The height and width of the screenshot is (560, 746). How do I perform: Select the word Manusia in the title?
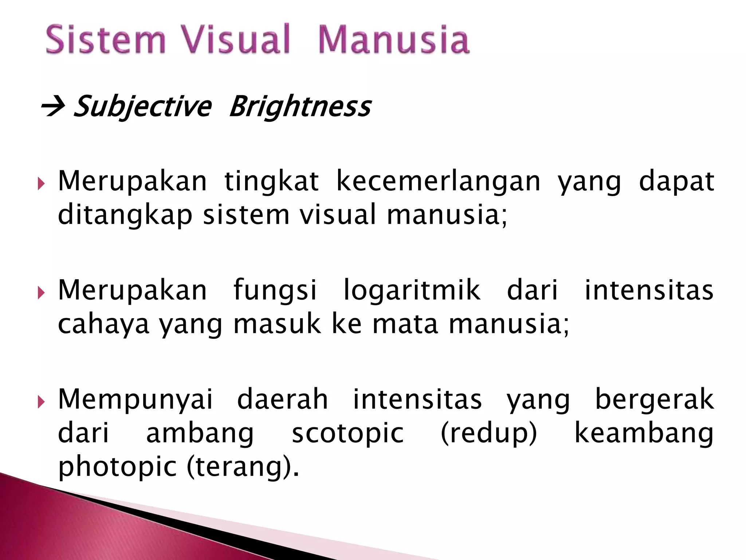click(394, 39)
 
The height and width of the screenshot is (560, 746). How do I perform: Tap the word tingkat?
click(271, 181)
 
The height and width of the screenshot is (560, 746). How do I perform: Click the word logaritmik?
click(412, 290)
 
